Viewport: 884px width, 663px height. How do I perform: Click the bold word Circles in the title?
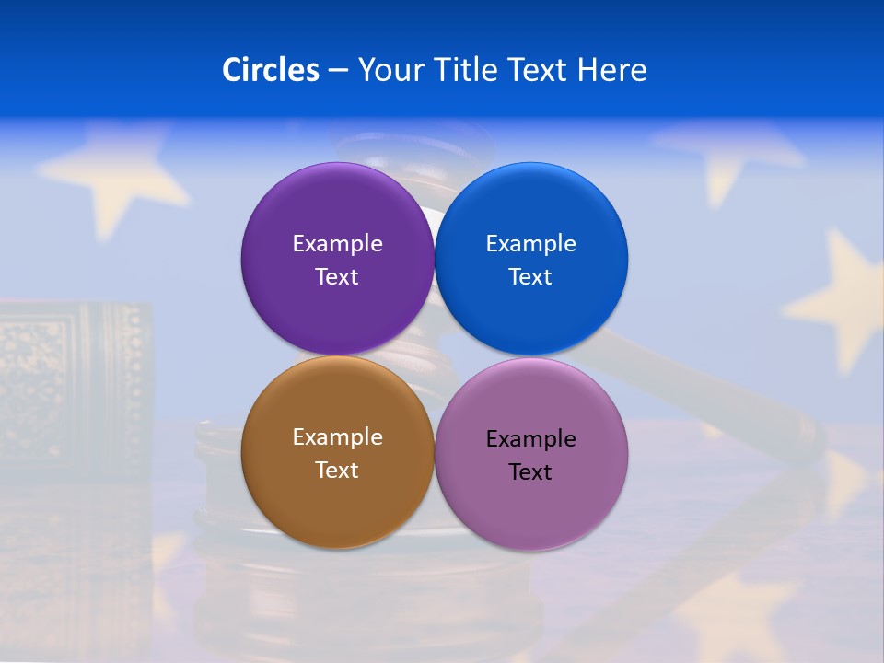click(x=271, y=70)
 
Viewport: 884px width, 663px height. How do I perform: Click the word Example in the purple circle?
click(x=337, y=243)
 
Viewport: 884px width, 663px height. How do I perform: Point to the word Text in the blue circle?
click(x=530, y=276)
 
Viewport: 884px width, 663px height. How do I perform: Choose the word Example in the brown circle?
click(x=337, y=436)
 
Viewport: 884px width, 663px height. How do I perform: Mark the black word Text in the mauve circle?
click(x=530, y=471)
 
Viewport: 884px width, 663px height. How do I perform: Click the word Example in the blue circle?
click(x=530, y=243)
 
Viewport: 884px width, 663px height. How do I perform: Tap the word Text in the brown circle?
click(x=337, y=470)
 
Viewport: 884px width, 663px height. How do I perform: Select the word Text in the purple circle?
click(x=337, y=276)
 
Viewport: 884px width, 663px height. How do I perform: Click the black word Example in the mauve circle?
click(x=530, y=438)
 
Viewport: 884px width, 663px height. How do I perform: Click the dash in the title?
click(x=338, y=71)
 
